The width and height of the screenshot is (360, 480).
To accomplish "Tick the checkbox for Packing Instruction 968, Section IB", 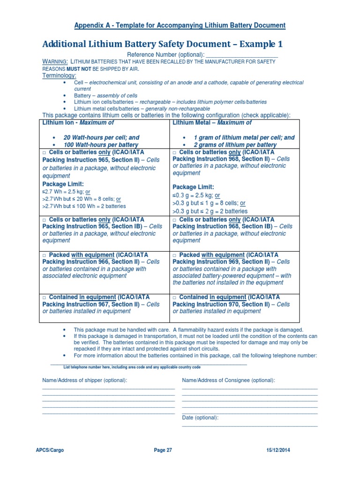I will pos(175,219).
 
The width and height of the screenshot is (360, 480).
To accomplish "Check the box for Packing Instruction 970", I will pos(175,297).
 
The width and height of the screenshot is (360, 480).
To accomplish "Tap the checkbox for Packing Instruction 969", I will pos(175,255).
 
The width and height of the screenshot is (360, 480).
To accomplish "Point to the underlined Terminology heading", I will pos(60,75).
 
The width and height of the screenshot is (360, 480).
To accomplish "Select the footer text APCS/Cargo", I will pos(50,450).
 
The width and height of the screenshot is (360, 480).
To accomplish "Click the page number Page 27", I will pos(163,450).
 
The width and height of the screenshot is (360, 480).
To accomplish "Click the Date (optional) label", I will pos(200,418).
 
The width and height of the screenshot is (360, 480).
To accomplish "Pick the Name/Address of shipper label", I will pos(85,380).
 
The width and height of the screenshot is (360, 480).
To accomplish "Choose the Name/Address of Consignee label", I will pos(228,380).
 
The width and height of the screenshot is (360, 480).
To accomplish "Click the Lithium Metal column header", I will pos(212,123).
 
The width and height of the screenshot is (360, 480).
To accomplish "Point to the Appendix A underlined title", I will pos(180,25).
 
